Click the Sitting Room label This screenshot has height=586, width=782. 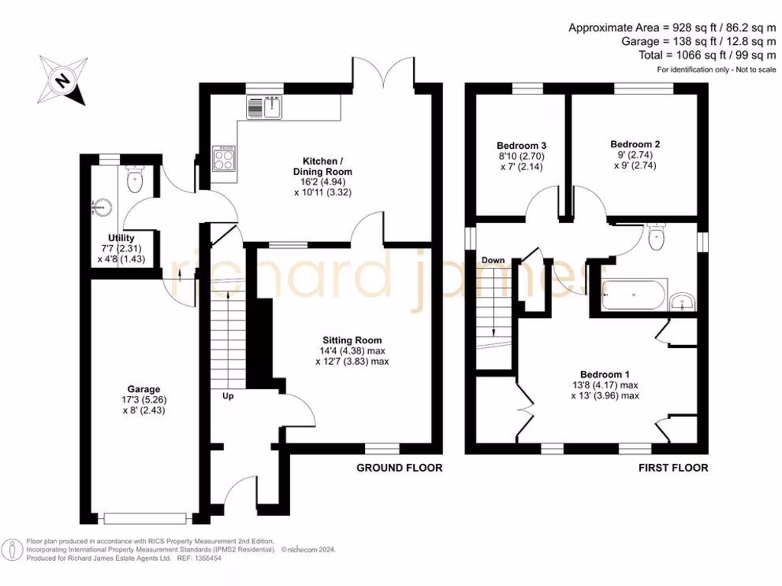(352, 340)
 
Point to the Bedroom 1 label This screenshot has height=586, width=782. (605, 374)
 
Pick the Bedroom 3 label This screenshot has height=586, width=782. (521, 145)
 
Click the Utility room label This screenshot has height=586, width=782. (121, 239)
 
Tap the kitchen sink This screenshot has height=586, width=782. (265, 108)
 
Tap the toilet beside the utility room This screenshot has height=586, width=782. (135, 182)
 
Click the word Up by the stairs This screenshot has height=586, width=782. (228, 397)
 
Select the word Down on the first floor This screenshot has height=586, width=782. (493, 260)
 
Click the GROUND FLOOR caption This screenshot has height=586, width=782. (399, 468)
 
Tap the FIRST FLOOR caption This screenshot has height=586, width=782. (673, 468)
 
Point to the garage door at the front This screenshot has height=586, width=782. (145, 518)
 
